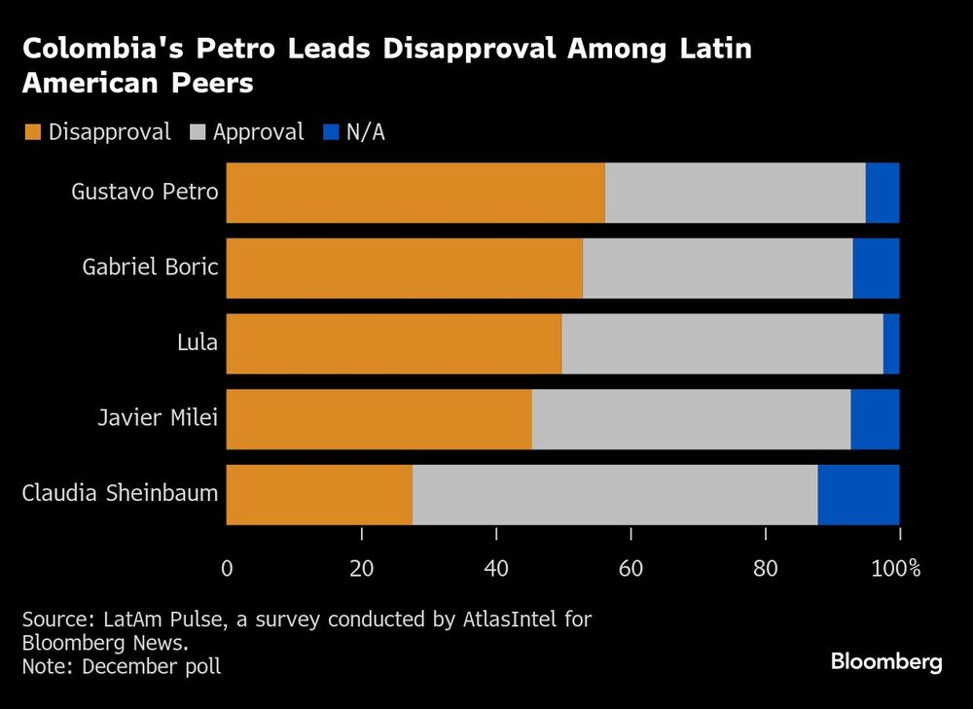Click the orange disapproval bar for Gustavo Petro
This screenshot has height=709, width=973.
[415, 193]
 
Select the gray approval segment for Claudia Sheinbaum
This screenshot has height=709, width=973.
[615, 495]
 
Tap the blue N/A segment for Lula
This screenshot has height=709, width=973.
[891, 343]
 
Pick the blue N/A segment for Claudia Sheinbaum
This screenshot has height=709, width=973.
[858, 495]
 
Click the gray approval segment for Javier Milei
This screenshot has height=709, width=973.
[691, 419]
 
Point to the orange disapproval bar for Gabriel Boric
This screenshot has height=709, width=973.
[405, 268]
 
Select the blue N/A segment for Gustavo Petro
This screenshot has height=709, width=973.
[883, 193]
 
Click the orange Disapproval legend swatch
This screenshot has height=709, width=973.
[32, 132]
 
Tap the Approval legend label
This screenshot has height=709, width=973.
[258, 132]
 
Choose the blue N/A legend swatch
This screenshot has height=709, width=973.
[329, 132]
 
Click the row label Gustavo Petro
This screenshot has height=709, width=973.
[145, 192]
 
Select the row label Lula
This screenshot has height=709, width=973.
[198, 343]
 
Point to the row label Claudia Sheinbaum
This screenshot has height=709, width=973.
[120, 494]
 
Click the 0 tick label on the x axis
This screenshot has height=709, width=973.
[227, 568]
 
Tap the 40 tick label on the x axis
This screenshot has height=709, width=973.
[496, 568]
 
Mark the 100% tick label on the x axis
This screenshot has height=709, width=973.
[895, 568]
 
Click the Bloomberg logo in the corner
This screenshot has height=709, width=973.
[886, 662]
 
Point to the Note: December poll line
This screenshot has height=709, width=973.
[122, 666]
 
